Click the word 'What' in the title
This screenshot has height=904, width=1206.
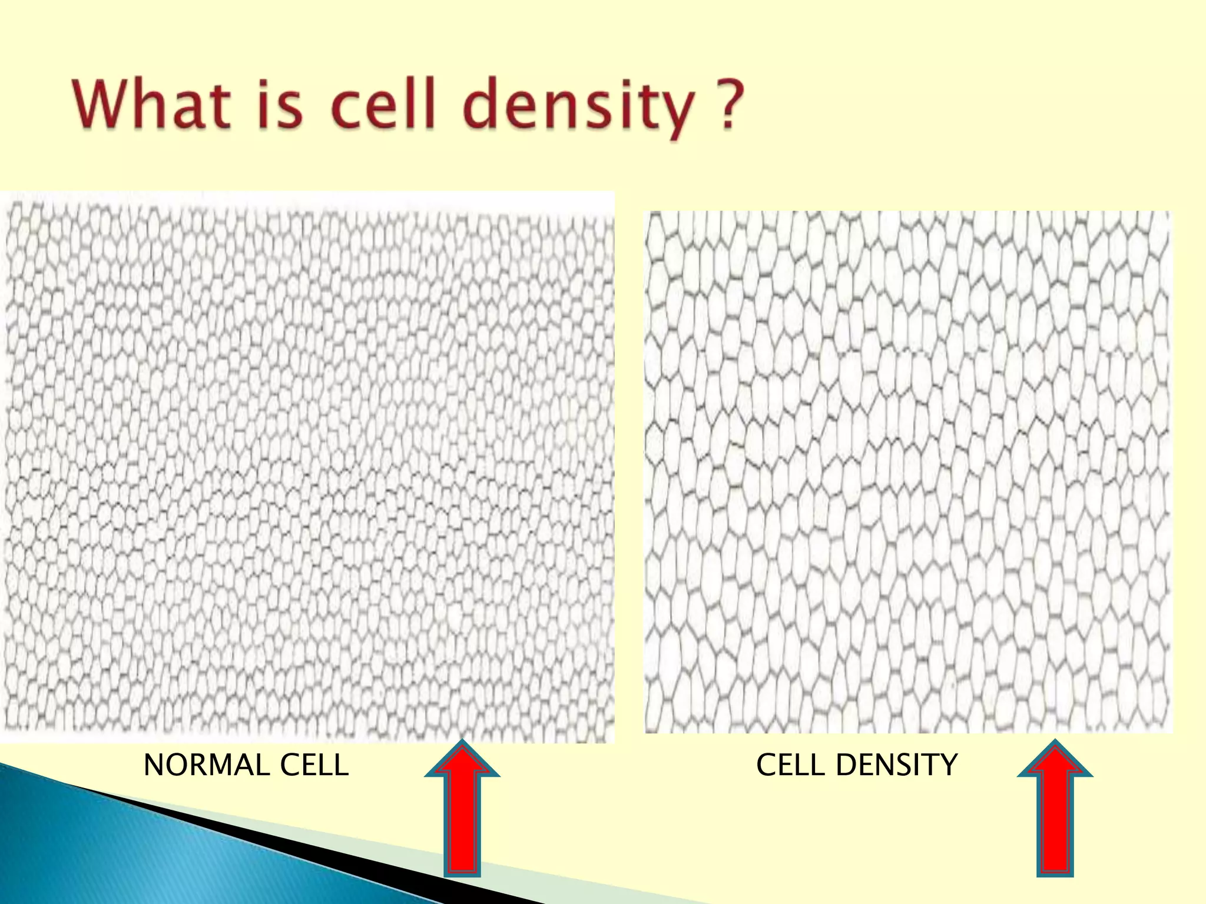pyautogui.click(x=151, y=105)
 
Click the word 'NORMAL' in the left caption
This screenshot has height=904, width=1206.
pyautogui.click(x=207, y=766)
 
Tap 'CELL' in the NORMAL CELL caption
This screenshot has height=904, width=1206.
pyautogui.click(x=314, y=766)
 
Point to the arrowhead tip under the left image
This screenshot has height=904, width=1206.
pyautogui.click(x=462, y=743)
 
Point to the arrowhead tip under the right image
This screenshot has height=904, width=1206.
pyautogui.click(x=1055, y=743)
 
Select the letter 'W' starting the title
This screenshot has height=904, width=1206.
pyautogui.click(x=100, y=105)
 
